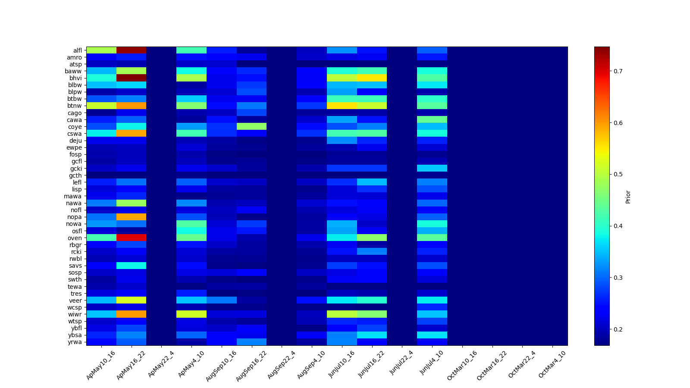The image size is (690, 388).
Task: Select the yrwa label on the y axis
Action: click(75, 342)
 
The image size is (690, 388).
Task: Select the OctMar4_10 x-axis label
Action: click(552, 364)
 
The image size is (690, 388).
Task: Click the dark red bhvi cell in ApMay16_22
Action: click(131, 78)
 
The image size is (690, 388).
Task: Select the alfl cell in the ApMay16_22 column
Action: click(131, 50)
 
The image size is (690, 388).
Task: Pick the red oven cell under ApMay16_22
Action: click(131, 238)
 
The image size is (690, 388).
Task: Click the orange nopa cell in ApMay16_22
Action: click(131, 217)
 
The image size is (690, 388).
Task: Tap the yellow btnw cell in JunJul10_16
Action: click(342, 106)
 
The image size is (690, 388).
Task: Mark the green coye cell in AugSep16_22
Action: click(251, 126)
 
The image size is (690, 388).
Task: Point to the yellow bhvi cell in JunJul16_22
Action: click(372, 78)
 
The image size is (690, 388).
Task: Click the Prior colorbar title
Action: click(628, 197)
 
